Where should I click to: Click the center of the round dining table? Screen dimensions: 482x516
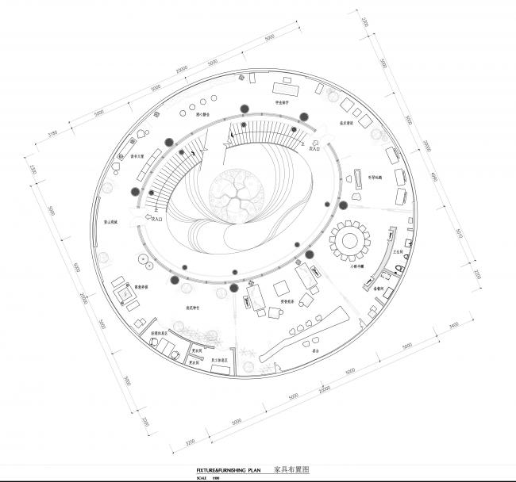[350, 239]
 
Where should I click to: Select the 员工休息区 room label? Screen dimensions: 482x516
[220, 360]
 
